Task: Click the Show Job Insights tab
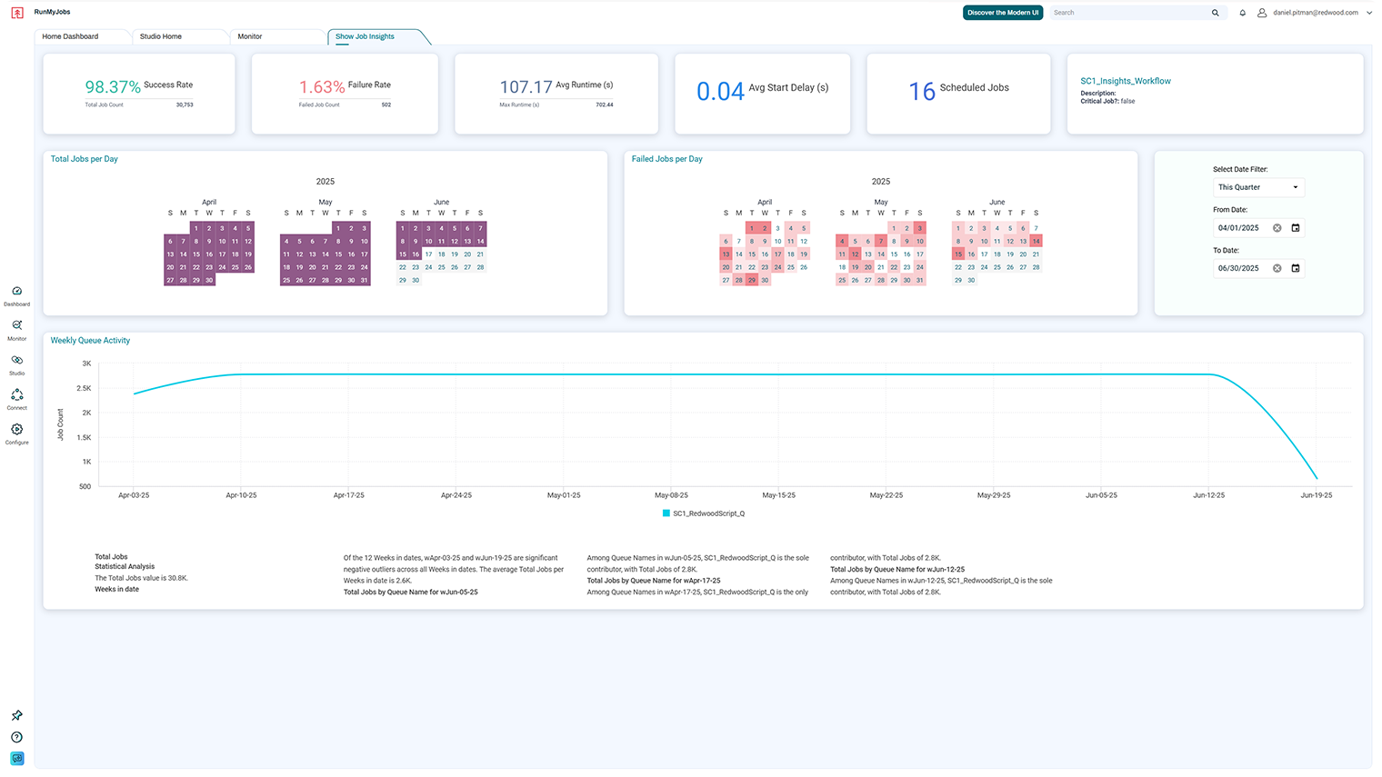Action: point(365,36)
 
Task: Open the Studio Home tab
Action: point(161,36)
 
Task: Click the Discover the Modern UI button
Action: point(1002,13)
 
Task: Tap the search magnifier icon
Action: point(1215,13)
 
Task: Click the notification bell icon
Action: point(1242,13)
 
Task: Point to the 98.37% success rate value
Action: point(113,87)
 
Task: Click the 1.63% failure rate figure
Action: point(322,87)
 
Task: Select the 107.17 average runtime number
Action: point(526,87)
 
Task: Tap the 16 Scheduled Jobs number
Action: point(922,91)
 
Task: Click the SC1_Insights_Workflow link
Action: point(1125,81)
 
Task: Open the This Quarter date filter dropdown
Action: point(1258,187)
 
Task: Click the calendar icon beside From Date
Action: point(1296,228)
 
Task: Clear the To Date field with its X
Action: point(1277,268)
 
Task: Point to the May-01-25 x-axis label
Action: point(564,495)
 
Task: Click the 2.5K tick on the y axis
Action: point(84,388)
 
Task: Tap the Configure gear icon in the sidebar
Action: point(16,430)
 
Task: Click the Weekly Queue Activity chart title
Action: point(90,341)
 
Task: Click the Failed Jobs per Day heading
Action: point(666,159)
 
